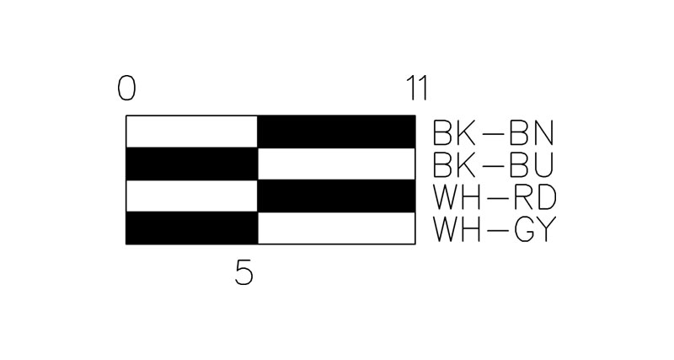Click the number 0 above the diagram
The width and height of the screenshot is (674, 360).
tap(127, 89)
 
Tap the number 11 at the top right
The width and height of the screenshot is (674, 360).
tap(417, 89)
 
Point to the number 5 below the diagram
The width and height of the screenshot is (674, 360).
tap(244, 273)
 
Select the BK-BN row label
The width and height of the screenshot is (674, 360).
tap(494, 133)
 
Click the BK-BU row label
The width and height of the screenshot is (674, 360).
tap(494, 165)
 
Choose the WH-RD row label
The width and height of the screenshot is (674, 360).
tap(495, 197)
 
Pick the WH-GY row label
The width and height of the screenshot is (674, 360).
tap(495, 229)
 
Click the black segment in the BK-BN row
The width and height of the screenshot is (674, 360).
tap(336, 132)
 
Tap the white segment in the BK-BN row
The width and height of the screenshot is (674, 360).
tap(192, 132)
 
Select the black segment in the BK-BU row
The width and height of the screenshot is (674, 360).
tap(192, 164)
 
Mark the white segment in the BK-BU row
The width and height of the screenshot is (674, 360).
tap(336, 164)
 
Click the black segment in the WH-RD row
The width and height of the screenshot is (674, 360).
tap(336, 196)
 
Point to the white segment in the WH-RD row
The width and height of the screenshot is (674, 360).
tap(192, 196)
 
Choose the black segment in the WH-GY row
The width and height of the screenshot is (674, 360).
tap(192, 228)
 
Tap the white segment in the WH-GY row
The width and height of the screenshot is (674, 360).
tap(336, 228)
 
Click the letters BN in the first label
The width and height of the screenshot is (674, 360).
tap(532, 133)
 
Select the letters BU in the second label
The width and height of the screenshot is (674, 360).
tap(532, 165)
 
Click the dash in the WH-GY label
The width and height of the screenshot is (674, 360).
tap(497, 230)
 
